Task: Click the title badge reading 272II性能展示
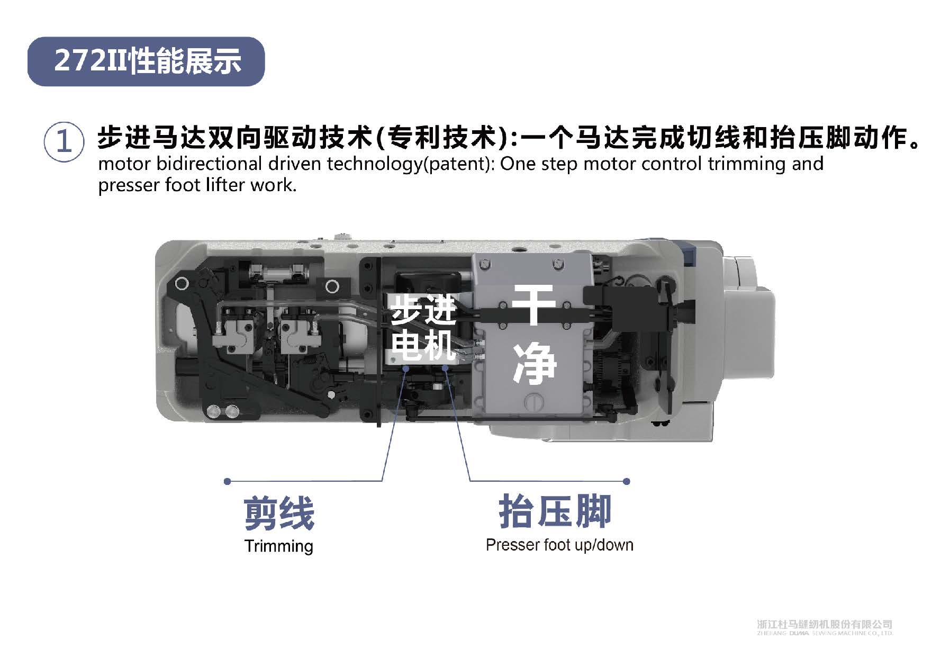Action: coord(146,61)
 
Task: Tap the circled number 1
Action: coord(64,142)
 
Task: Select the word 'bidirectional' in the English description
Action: coord(210,164)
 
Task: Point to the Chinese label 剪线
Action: coord(279,513)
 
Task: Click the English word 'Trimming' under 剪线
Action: coord(279,546)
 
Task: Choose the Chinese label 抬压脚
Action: coord(555,511)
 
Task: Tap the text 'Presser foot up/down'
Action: coord(559,545)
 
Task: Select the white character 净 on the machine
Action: coord(535,363)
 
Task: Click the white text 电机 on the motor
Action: coord(423,344)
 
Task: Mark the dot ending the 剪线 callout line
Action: coord(228,481)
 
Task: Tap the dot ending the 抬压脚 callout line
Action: coord(627,481)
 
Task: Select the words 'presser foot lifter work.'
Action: coord(197,185)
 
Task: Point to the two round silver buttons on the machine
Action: coord(223,411)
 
